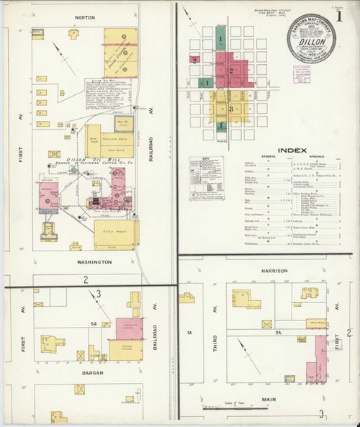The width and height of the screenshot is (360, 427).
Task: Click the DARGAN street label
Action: pyautogui.click(x=89, y=373)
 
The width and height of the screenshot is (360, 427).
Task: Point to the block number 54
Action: pyautogui.click(x=94, y=325)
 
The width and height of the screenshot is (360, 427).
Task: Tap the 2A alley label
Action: pyautogui.click(x=275, y=333)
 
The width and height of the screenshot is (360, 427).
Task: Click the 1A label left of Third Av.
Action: pyautogui.click(x=191, y=333)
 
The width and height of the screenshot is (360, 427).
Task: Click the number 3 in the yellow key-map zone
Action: pyautogui.click(x=230, y=108)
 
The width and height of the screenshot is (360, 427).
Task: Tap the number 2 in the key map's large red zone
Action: pyautogui.click(x=234, y=70)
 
